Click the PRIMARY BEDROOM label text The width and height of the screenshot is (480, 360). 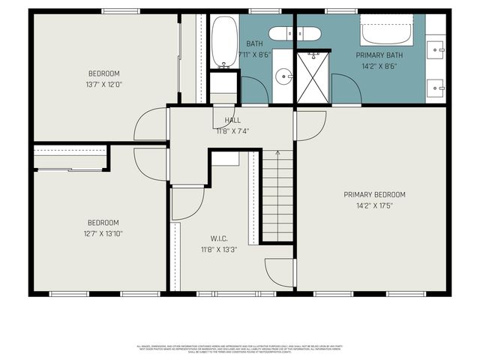(374, 194)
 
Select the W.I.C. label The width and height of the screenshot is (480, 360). (218, 238)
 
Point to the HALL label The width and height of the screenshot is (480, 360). (232, 120)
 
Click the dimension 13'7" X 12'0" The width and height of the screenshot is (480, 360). (104, 84)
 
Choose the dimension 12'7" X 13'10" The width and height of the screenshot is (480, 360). (104, 233)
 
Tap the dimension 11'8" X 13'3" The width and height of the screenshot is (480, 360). (218, 249)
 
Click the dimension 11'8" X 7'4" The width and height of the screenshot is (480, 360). (232, 130)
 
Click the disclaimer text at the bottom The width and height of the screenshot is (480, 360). (239, 348)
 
